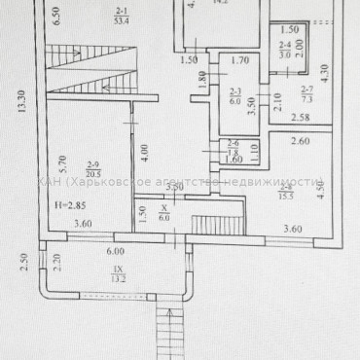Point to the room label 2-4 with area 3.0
[284, 51]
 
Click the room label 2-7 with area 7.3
[306, 95]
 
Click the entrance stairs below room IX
[168, 331]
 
